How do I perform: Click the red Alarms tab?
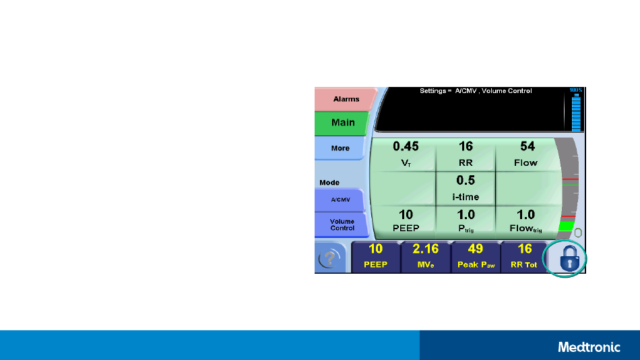click(346, 99)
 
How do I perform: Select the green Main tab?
click(342, 123)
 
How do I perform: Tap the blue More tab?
click(340, 148)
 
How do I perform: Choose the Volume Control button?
click(342, 224)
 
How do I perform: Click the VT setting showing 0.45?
click(405, 154)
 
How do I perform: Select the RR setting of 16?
click(466, 154)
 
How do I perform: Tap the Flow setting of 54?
click(525, 154)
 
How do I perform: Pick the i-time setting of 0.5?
click(466, 188)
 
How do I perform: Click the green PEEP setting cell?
click(405, 220)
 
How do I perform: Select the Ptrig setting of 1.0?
click(466, 220)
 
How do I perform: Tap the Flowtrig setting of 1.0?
click(525, 220)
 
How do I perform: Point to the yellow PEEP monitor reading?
click(375, 257)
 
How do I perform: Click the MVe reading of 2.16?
click(426, 257)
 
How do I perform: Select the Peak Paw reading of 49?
click(476, 257)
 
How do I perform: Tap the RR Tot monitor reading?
click(525, 257)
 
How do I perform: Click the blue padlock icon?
click(569, 258)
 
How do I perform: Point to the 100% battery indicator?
click(576, 109)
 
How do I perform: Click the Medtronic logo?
click(589, 347)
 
